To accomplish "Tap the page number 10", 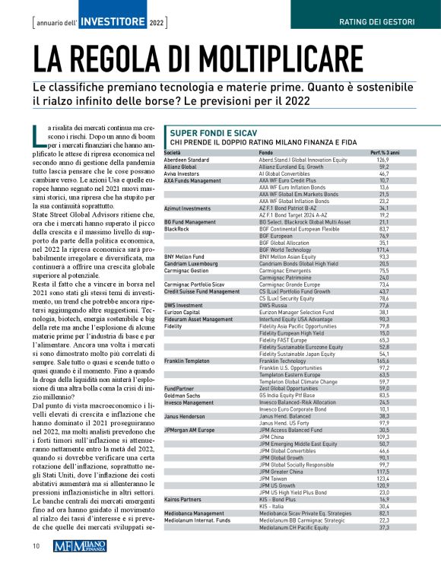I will click(x=36, y=545).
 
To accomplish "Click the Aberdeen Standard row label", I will click(x=186, y=161).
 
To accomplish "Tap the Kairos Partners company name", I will click(x=182, y=499).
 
